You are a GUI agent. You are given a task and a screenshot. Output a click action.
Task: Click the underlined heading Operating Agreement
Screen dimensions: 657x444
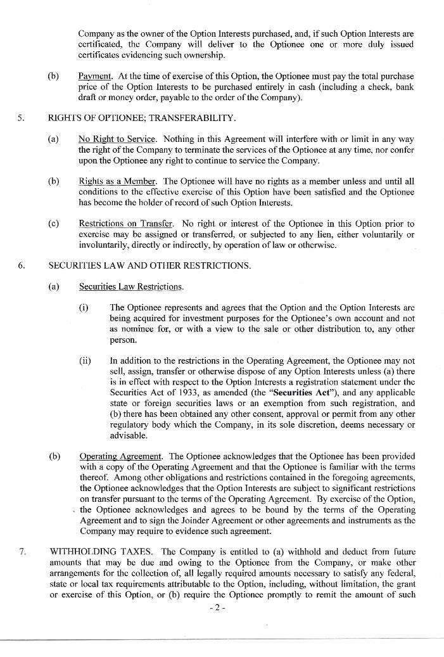click(x=121, y=456)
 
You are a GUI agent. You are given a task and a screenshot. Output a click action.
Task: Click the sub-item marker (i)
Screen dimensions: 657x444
click(x=84, y=307)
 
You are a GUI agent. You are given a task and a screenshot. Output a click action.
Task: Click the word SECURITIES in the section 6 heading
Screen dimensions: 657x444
click(x=74, y=265)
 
